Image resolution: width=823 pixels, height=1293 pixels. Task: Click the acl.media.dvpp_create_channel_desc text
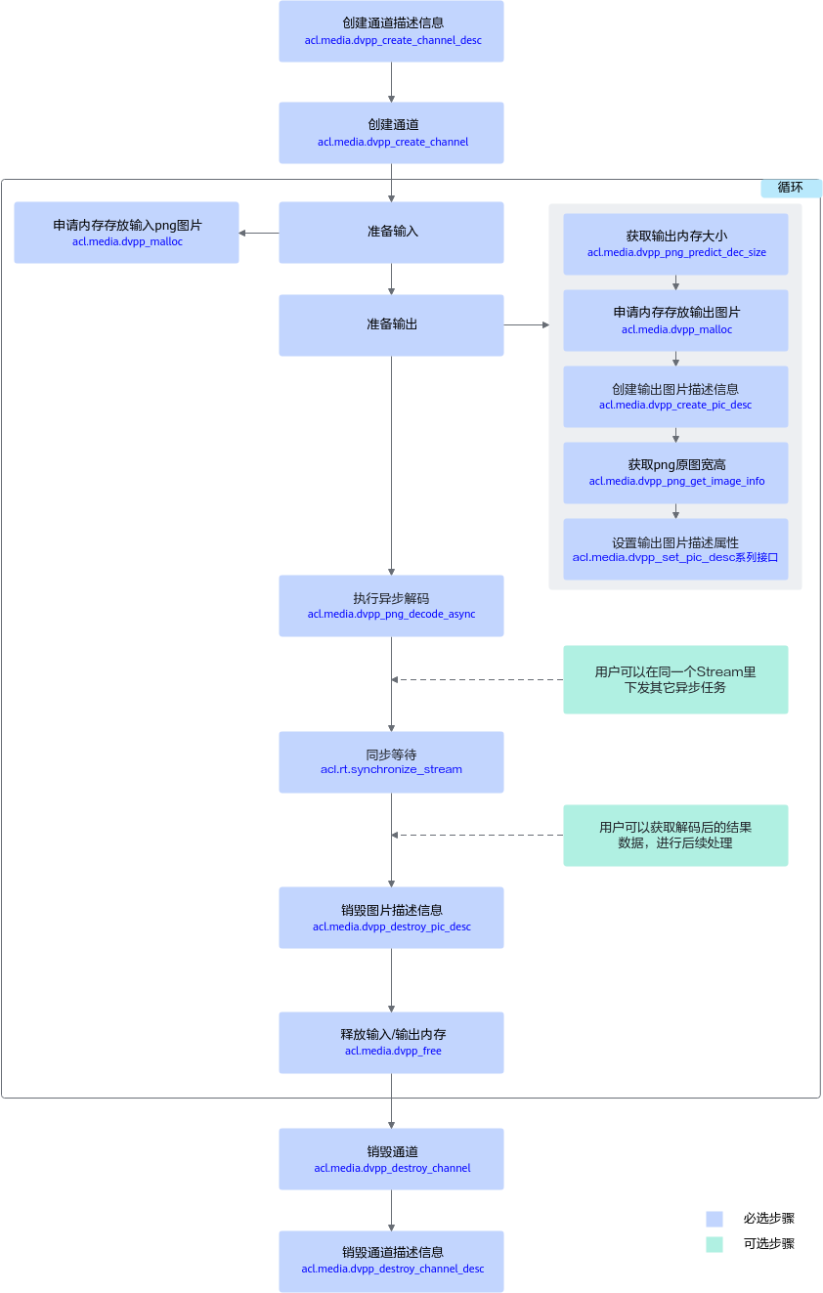click(393, 40)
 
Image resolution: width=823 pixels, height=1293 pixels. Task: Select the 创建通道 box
click(391, 133)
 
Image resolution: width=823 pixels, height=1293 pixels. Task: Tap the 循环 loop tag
click(790, 188)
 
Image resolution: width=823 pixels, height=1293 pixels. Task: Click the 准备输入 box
click(391, 233)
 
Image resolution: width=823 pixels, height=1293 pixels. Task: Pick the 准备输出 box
click(391, 325)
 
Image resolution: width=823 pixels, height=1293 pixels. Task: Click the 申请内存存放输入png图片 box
click(126, 233)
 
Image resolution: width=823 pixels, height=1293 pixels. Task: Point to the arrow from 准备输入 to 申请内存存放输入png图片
click(259, 234)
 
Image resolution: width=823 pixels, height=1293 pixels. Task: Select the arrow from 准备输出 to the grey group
click(527, 325)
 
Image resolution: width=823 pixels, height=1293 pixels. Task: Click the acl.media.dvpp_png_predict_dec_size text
click(676, 252)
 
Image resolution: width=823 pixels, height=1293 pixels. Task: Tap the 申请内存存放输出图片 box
click(675, 321)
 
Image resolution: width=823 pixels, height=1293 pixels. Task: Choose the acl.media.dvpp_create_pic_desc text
click(675, 405)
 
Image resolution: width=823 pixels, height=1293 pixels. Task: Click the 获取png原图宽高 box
click(675, 473)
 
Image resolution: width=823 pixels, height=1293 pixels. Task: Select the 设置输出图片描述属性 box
click(675, 549)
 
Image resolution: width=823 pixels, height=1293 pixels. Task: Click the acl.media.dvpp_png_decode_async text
click(391, 614)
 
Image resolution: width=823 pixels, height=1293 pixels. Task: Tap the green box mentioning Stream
click(675, 679)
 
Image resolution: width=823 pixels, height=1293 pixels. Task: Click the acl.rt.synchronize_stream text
click(391, 769)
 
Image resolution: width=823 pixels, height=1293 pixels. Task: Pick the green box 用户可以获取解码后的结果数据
click(675, 836)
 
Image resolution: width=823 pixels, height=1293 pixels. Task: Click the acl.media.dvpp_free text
click(393, 1052)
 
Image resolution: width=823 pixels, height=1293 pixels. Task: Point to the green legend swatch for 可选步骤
click(715, 1244)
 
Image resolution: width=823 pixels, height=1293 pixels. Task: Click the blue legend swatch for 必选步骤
click(715, 1219)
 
